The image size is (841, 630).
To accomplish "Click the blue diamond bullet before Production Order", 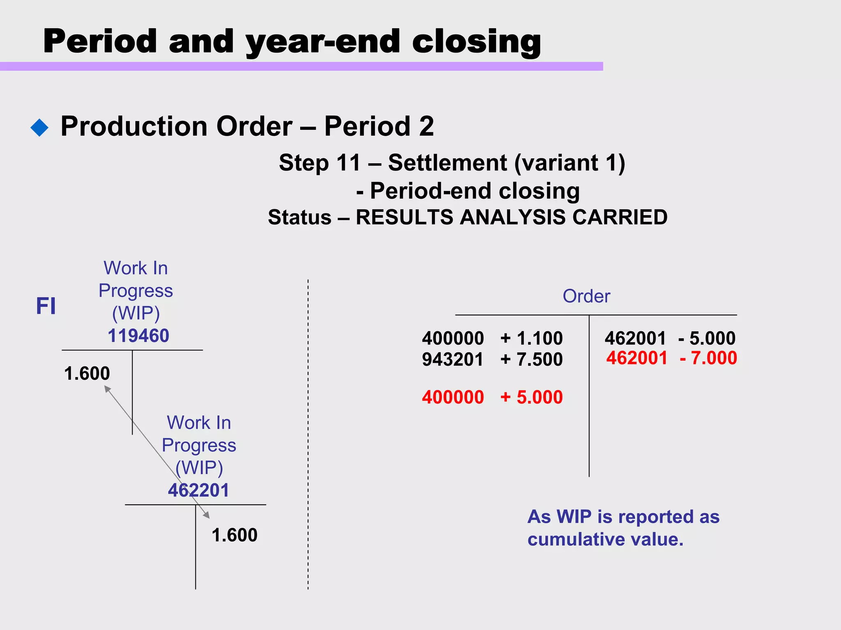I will click(39, 128).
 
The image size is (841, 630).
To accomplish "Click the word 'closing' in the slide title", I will click(476, 42).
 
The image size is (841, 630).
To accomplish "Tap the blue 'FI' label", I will click(46, 306).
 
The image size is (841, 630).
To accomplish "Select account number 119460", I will click(138, 336).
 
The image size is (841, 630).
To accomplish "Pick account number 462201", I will click(198, 490).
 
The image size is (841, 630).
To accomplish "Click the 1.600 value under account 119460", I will click(87, 373).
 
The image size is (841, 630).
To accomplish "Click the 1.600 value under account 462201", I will click(234, 535).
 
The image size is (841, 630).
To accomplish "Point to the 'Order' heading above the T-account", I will click(586, 296).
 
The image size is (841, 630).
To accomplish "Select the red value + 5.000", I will click(531, 397).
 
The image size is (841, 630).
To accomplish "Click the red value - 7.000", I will click(708, 358).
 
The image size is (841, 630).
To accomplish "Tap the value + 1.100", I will click(531, 338).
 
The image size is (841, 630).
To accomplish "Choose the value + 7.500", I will click(531, 359).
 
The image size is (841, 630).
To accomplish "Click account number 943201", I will click(453, 359).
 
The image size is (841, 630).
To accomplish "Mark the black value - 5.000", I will click(707, 338).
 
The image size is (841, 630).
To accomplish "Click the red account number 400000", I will click(453, 397).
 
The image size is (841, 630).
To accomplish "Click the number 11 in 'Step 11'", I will click(348, 163).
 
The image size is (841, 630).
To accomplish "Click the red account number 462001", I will click(637, 358).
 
